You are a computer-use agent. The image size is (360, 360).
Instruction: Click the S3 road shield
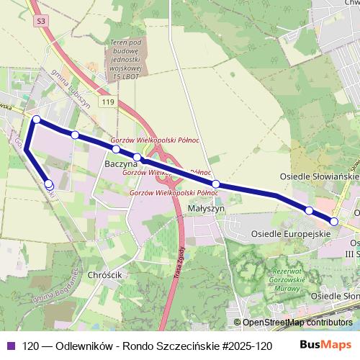point(41,22)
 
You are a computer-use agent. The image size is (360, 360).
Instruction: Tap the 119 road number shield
point(107,103)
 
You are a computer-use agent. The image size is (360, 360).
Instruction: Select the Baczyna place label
point(121,164)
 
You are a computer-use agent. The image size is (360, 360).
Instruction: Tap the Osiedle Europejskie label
point(290,234)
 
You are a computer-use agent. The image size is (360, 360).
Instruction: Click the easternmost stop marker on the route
point(333,221)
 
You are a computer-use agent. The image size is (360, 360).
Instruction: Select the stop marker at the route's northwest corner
point(36,119)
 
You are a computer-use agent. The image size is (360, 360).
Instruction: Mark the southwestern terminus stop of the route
point(49,184)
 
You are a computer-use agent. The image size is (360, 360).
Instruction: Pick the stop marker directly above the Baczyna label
point(115,149)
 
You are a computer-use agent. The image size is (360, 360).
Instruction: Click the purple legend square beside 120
point(10,346)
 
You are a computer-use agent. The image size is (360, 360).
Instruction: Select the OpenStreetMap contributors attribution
point(297,323)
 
